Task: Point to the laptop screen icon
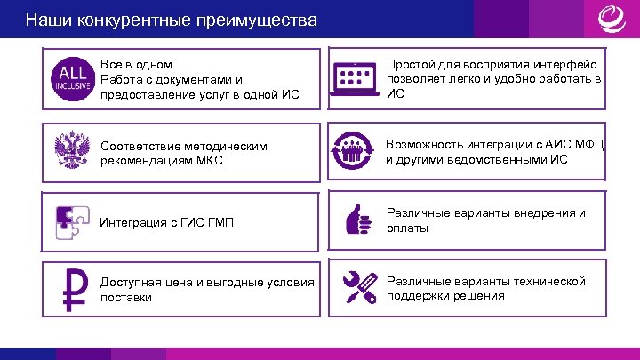356,79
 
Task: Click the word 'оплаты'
407,228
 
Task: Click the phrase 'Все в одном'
137,65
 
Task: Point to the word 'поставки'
126,297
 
